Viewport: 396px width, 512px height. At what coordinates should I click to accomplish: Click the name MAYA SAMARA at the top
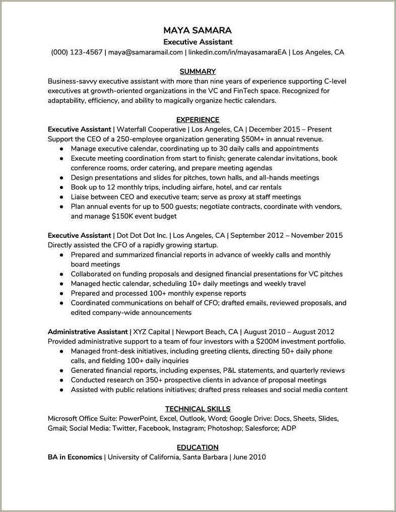[x=198, y=30]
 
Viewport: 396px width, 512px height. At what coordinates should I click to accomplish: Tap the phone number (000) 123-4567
[x=77, y=52]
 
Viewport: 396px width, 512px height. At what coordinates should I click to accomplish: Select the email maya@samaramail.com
[x=145, y=52]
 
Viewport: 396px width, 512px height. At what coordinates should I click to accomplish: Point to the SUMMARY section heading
[x=198, y=71]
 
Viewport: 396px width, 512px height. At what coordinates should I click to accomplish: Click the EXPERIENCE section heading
[x=198, y=119]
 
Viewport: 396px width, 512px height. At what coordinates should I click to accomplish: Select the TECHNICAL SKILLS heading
[x=198, y=409]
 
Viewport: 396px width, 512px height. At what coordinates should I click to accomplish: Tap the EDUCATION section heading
[x=198, y=447]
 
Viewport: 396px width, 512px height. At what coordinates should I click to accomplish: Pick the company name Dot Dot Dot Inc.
[x=143, y=235]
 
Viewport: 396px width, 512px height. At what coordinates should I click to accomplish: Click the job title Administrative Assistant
[x=88, y=332]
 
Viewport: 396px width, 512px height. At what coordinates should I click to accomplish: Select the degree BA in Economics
[x=75, y=457]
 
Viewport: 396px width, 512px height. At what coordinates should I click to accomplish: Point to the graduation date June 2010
[x=250, y=457]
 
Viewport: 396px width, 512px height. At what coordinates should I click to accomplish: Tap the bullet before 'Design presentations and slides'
[x=61, y=178]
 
